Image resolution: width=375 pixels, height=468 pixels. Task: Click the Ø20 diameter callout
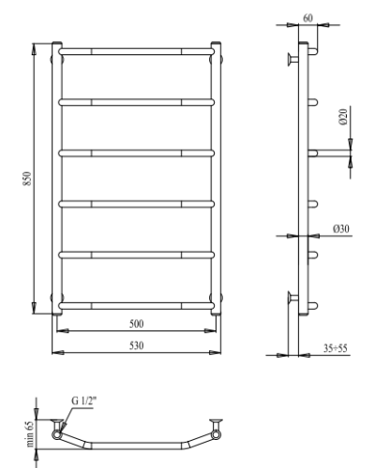point(343,118)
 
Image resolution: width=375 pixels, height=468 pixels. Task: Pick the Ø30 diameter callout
point(339,227)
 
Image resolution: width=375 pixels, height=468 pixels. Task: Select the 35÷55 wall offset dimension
point(334,347)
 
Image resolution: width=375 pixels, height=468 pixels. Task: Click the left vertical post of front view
point(58,178)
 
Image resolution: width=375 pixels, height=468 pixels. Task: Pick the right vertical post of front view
point(217,178)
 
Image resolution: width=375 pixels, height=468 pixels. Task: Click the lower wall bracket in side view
point(290,298)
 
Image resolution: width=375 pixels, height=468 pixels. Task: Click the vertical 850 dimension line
point(37,177)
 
